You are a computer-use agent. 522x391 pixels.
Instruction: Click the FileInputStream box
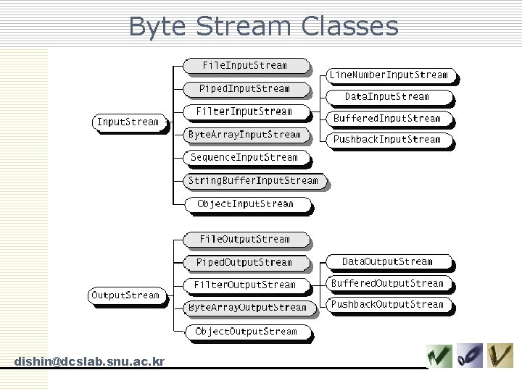tap(244, 66)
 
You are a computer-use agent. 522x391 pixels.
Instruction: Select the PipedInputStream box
tap(244, 89)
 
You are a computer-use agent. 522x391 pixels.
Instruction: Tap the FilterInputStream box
tap(244, 112)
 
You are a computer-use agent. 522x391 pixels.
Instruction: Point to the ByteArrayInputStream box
tap(244, 135)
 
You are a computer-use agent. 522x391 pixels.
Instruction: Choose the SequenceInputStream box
tap(244, 158)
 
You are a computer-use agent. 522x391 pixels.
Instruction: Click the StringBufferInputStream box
tap(253, 181)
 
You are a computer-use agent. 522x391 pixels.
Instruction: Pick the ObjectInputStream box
tap(245, 204)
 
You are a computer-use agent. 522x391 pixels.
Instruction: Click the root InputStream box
tap(128, 122)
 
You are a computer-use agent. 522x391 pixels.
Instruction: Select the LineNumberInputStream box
tap(389, 75)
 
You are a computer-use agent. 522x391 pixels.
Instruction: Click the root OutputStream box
tap(124, 295)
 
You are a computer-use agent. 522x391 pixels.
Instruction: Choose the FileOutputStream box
tap(244, 240)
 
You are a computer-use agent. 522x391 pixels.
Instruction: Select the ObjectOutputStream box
tap(246, 332)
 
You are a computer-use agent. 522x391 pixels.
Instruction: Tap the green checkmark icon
tap(439, 356)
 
